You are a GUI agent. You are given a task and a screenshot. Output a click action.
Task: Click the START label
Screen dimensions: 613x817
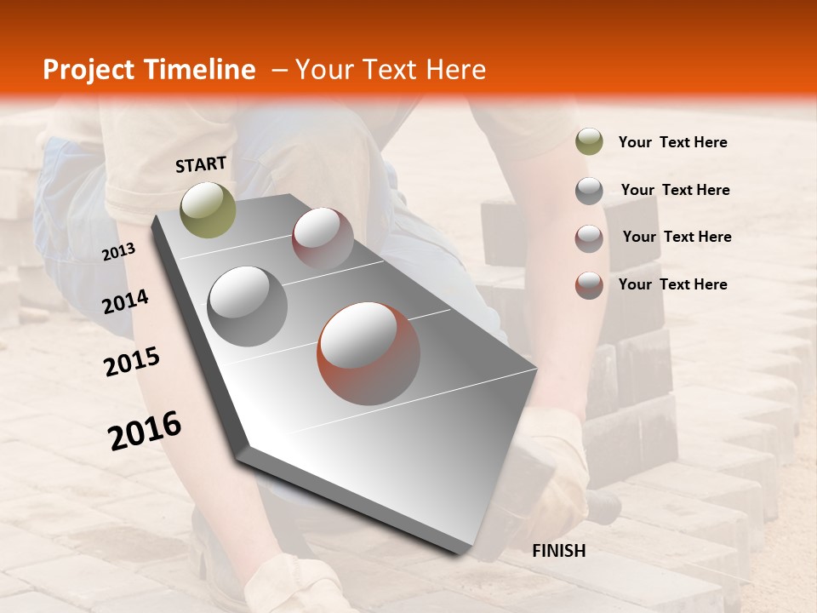coord(201,164)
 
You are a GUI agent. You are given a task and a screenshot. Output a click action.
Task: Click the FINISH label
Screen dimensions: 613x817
coord(559,551)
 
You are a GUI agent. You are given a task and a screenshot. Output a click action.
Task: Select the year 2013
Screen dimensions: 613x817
coord(118,252)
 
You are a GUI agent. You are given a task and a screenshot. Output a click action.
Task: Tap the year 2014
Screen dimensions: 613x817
coord(125,301)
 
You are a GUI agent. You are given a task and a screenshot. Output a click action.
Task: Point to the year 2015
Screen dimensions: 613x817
coord(132,362)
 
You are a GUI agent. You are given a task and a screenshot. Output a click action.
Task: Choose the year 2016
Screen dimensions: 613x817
coord(145,431)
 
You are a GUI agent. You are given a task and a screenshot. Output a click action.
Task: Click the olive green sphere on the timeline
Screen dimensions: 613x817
coord(208,209)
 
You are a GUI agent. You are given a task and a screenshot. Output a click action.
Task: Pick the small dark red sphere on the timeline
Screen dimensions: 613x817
coord(323,238)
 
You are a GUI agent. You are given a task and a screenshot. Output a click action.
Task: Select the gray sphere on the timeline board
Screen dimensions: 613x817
coord(248,306)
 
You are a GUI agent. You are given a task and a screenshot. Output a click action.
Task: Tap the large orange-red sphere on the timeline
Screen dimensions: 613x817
coord(369,352)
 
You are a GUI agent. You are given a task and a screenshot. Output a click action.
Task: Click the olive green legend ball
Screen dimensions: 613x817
coord(589,142)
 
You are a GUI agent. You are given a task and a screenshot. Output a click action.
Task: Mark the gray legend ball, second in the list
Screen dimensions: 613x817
coord(589,191)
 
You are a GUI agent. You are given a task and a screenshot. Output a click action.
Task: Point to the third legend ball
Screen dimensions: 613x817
coord(589,238)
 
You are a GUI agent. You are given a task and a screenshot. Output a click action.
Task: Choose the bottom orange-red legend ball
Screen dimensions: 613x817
coord(589,285)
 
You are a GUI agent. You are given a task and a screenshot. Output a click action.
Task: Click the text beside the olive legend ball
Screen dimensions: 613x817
coord(672,142)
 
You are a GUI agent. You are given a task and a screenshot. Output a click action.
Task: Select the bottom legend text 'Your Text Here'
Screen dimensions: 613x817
coord(672,284)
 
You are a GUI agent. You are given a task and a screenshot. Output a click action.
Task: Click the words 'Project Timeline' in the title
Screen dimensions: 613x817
coord(149,70)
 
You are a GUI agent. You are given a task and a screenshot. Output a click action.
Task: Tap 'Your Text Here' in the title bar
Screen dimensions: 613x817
coord(390,70)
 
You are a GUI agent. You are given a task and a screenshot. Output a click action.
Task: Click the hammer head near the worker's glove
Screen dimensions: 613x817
coord(603,507)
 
